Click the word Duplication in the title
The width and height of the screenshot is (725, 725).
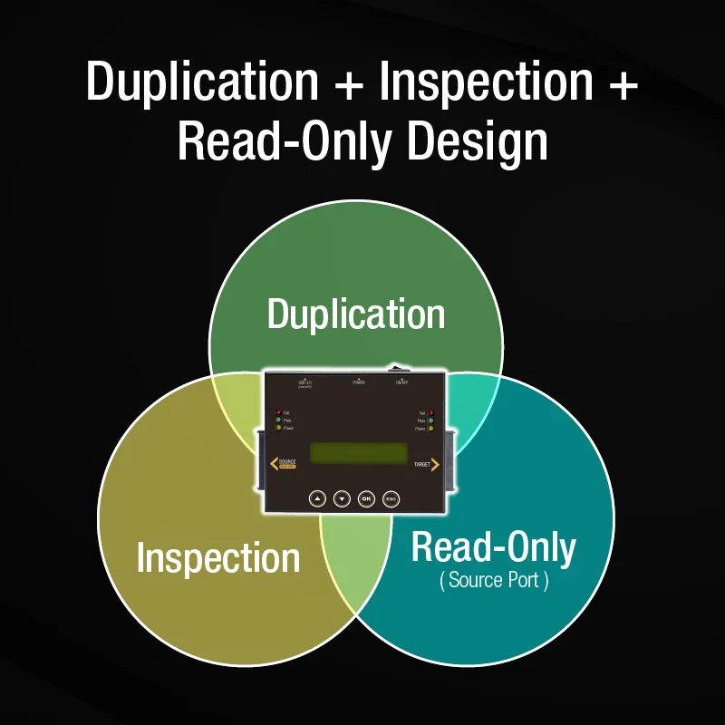203,82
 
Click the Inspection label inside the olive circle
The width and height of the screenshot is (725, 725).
217,557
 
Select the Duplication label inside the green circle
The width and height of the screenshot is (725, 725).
356,314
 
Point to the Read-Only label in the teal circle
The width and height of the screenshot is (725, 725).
494,547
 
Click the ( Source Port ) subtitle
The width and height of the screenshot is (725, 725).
494,581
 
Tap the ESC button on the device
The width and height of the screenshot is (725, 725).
391,498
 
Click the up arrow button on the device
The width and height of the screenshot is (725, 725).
316,498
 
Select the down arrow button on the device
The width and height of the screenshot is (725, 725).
342,498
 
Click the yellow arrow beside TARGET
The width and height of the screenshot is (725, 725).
436,465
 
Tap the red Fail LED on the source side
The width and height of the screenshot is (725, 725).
277,412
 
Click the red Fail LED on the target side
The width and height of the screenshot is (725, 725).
431,412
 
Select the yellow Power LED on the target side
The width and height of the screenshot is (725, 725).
431,429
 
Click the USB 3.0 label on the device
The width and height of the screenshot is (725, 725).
304,384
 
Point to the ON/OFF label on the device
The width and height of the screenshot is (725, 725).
402,382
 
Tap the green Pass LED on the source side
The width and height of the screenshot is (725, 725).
277,420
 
